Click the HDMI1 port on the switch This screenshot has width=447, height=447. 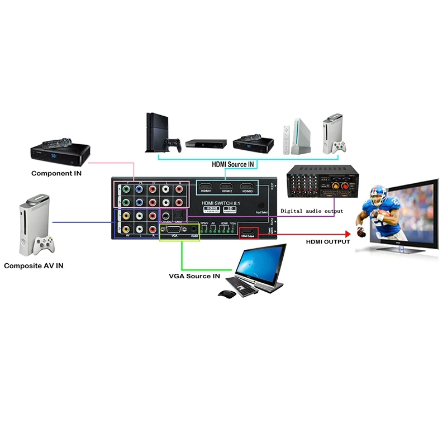tap(207, 187)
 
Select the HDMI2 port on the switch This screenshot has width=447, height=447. tap(226, 187)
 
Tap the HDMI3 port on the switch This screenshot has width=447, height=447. tap(247, 187)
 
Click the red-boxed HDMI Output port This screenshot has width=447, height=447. tap(247, 231)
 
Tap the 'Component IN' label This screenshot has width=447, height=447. tap(56, 173)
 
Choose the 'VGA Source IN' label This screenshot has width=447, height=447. tap(194, 276)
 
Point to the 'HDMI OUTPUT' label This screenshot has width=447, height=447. tap(328, 241)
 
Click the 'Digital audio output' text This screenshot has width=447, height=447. tap(312, 211)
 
